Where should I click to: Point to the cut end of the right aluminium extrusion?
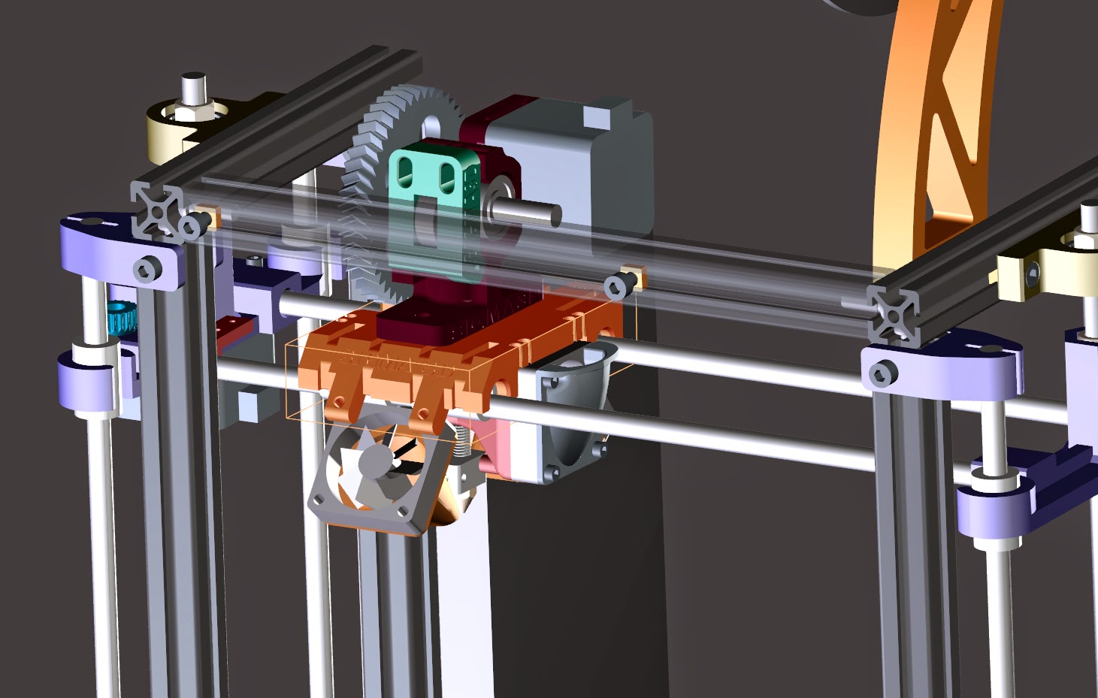pyautogui.click(x=894, y=313)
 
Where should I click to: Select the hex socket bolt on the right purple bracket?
pyautogui.click(x=882, y=372)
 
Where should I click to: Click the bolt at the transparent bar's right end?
pyautogui.click(x=619, y=285)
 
